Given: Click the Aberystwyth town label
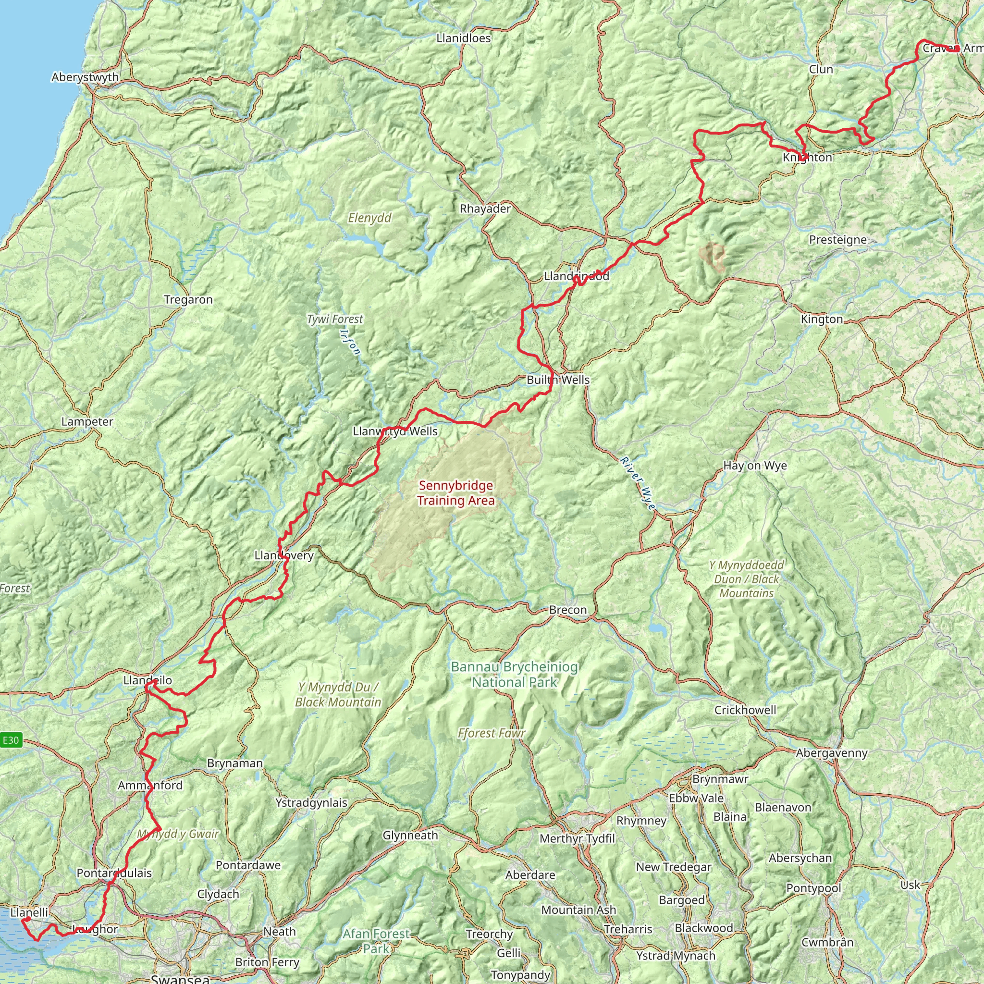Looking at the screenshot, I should tap(85, 77).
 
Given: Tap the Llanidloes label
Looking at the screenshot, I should tap(464, 38).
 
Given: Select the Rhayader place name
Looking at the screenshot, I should tap(485, 209).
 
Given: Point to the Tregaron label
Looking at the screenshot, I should tap(188, 299).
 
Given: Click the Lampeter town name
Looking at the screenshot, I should tap(87, 422).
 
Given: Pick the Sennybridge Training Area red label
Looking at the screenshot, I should tap(455, 493).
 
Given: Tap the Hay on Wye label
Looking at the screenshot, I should tap(755, 466).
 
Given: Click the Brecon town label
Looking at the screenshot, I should tap(567, 610).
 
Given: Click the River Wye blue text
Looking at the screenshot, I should tap(637, 484).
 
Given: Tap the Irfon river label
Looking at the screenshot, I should tap(350, 341).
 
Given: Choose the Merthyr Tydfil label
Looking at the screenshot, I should tap(577, 838).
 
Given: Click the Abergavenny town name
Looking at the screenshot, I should tap(831, 753).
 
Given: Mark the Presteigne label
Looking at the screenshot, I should tap(837, 239).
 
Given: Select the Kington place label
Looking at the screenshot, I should tap(822, 320).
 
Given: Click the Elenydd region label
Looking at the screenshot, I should tap(370, 218).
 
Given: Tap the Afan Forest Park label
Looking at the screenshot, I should tap(376, 941).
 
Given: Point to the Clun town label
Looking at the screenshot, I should tap(821, 69).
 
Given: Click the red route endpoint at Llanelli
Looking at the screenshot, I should tap(24, 920).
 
